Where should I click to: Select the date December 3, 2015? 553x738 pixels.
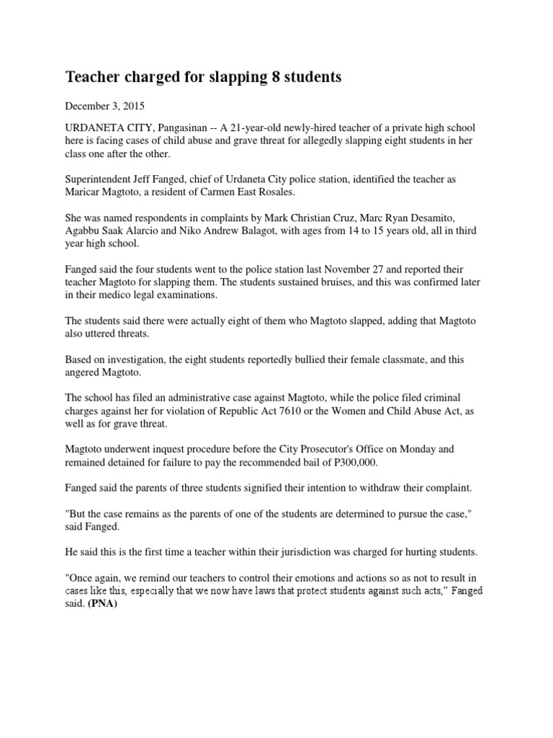pos(105,106)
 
